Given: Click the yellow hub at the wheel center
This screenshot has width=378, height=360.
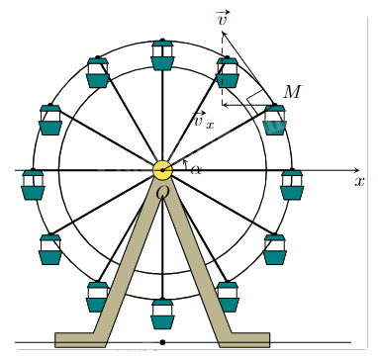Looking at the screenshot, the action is point(162,170).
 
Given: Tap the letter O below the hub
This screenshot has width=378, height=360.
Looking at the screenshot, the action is point(162,192).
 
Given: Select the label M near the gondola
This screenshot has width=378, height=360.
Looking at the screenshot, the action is point(292,92).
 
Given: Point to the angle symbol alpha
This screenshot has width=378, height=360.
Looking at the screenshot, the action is point(196,170).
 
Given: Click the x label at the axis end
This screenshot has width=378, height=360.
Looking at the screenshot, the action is point(359,181).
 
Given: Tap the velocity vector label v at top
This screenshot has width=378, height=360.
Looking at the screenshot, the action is point(224,18).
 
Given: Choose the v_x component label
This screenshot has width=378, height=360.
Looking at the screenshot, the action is point(203,120).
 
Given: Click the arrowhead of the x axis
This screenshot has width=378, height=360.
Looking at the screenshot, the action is point(356,170).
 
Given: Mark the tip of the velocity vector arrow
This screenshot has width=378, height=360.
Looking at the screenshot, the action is point(222,32).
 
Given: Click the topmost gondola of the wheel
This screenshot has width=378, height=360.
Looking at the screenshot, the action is point(162,55).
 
